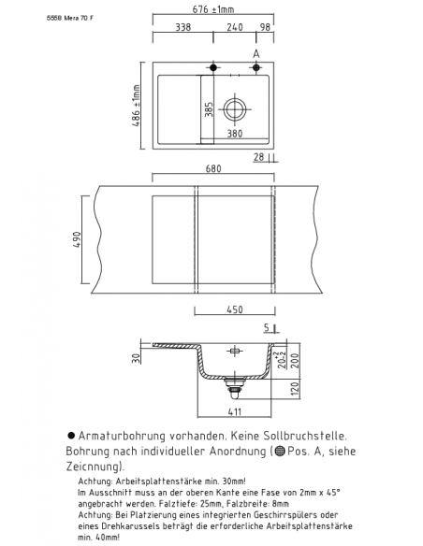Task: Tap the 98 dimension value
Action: coord(265,27)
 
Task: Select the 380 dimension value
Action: coord(235,134)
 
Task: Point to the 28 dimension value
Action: coord(257,158)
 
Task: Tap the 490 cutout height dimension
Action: coord(76,240)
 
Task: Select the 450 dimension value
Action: coord(234,309)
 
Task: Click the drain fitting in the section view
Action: coord(236,381)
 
